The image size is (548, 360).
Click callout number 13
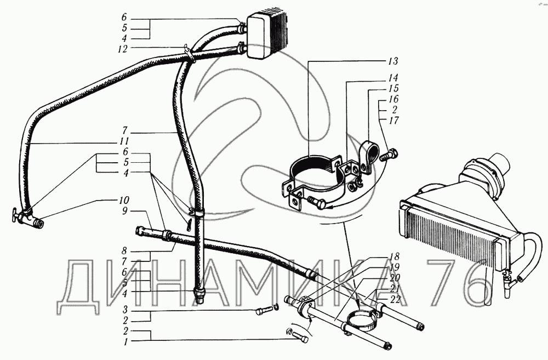click(x=393, y=60)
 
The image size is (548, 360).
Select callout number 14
click(x=393, y=78)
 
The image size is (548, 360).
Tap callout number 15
click(x=393, y=88)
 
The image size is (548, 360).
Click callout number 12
click(x=122, y=48)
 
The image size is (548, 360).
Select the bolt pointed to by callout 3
click(x=262, y=312)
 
